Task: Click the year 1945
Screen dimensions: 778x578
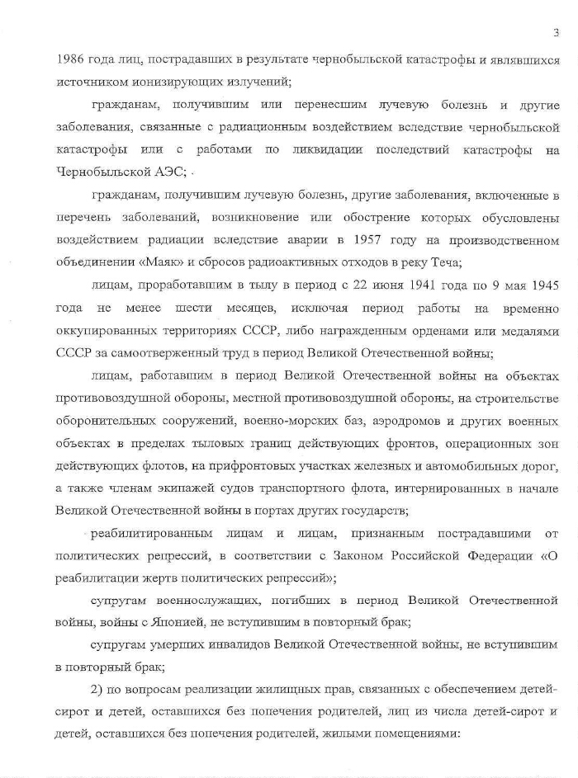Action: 541,285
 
